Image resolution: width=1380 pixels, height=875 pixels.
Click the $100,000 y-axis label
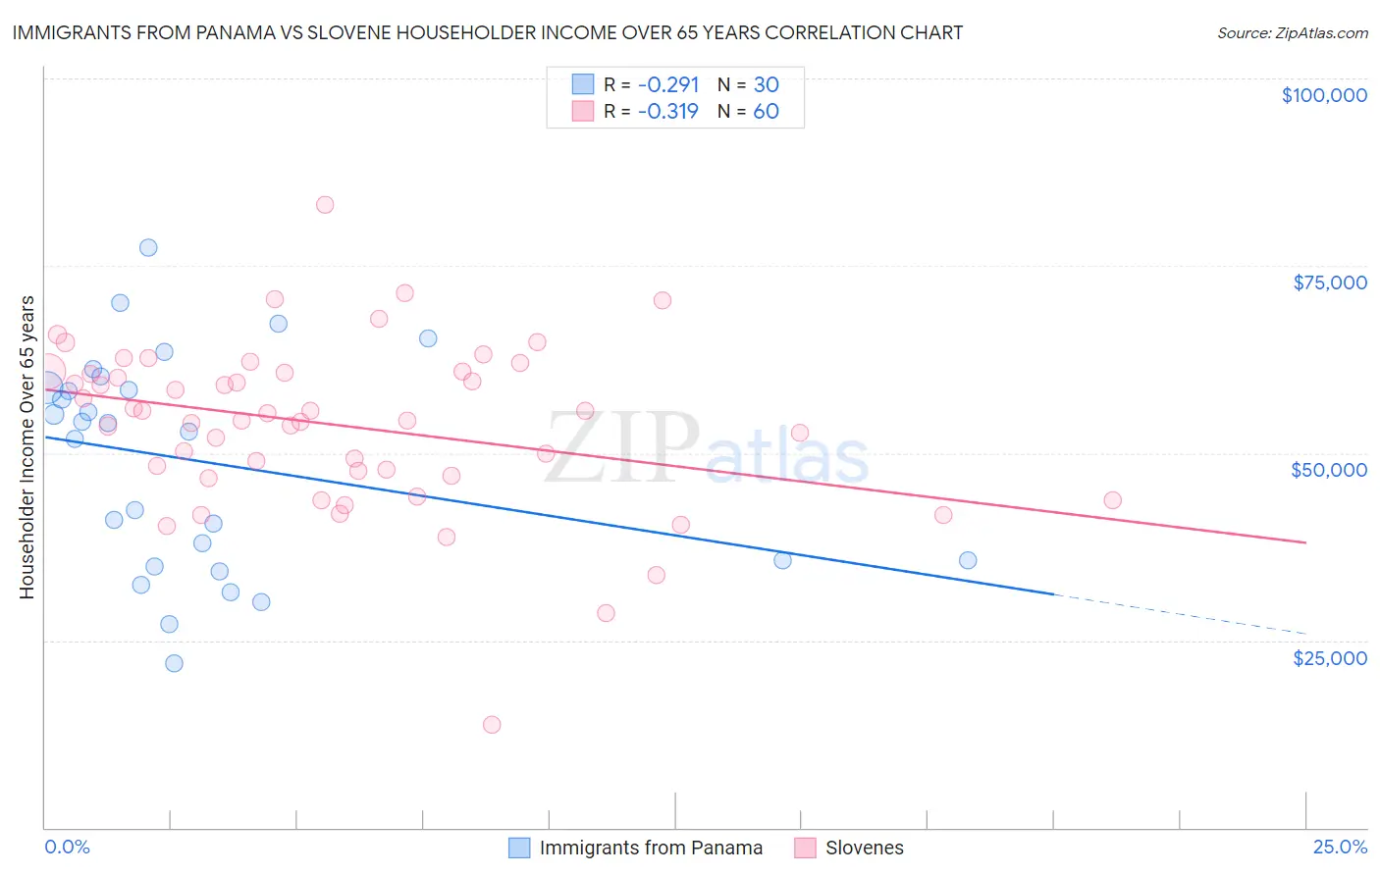[x=1324, y=95]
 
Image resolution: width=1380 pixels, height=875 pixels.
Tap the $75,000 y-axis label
[x=1330, y=283]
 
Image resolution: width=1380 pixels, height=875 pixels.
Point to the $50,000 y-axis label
[x=1329, y=470]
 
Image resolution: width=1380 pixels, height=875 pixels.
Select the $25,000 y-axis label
[x=1330, y=658]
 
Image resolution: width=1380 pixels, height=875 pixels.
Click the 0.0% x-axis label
[x=67, y=847]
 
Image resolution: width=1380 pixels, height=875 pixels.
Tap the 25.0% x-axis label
[x=1341, y=847]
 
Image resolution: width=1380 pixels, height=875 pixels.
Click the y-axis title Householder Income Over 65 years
[x=27, y=447]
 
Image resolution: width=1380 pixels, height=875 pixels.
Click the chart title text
[x=487, y=32]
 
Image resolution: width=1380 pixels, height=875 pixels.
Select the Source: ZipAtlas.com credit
[x=1292, y=33]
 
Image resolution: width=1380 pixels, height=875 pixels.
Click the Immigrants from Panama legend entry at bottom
[x=651, y=848]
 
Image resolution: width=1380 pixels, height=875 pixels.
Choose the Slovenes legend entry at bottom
[x=864, y=848]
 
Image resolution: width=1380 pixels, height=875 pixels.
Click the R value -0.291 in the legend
[x=668, y=84]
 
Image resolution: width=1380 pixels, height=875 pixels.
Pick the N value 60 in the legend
[x=766, y=111]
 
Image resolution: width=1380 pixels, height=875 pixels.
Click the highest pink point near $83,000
[x=325, y=205]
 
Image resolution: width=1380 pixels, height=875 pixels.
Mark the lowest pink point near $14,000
[x=492, y=725]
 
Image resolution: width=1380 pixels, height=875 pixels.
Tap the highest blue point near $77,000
[x=148, y=247]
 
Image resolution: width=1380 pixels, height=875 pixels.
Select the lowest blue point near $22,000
[x=174, y=663]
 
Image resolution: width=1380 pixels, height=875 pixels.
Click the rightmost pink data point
[x=1112, y=500]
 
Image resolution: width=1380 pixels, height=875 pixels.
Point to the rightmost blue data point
[x=968, y=560]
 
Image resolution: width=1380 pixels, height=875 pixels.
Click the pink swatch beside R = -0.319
[x=583, y=111]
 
